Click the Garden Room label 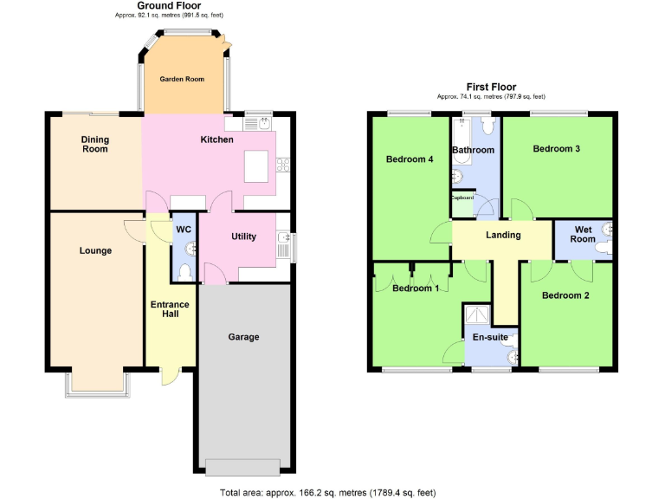coord(182,79)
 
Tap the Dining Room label coord(95,144)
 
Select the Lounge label coord(95,251)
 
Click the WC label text coord(184,230)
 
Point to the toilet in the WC coord(183,272)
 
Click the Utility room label coord(243,237)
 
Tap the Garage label coord(243,337)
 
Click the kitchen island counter coord(256,165)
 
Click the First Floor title coord(491,87)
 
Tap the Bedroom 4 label coord(410,159)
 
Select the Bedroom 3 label coord(556,149)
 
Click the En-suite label coord(490,337)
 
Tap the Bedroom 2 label coord(565,295)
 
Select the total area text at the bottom coord(332,492)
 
